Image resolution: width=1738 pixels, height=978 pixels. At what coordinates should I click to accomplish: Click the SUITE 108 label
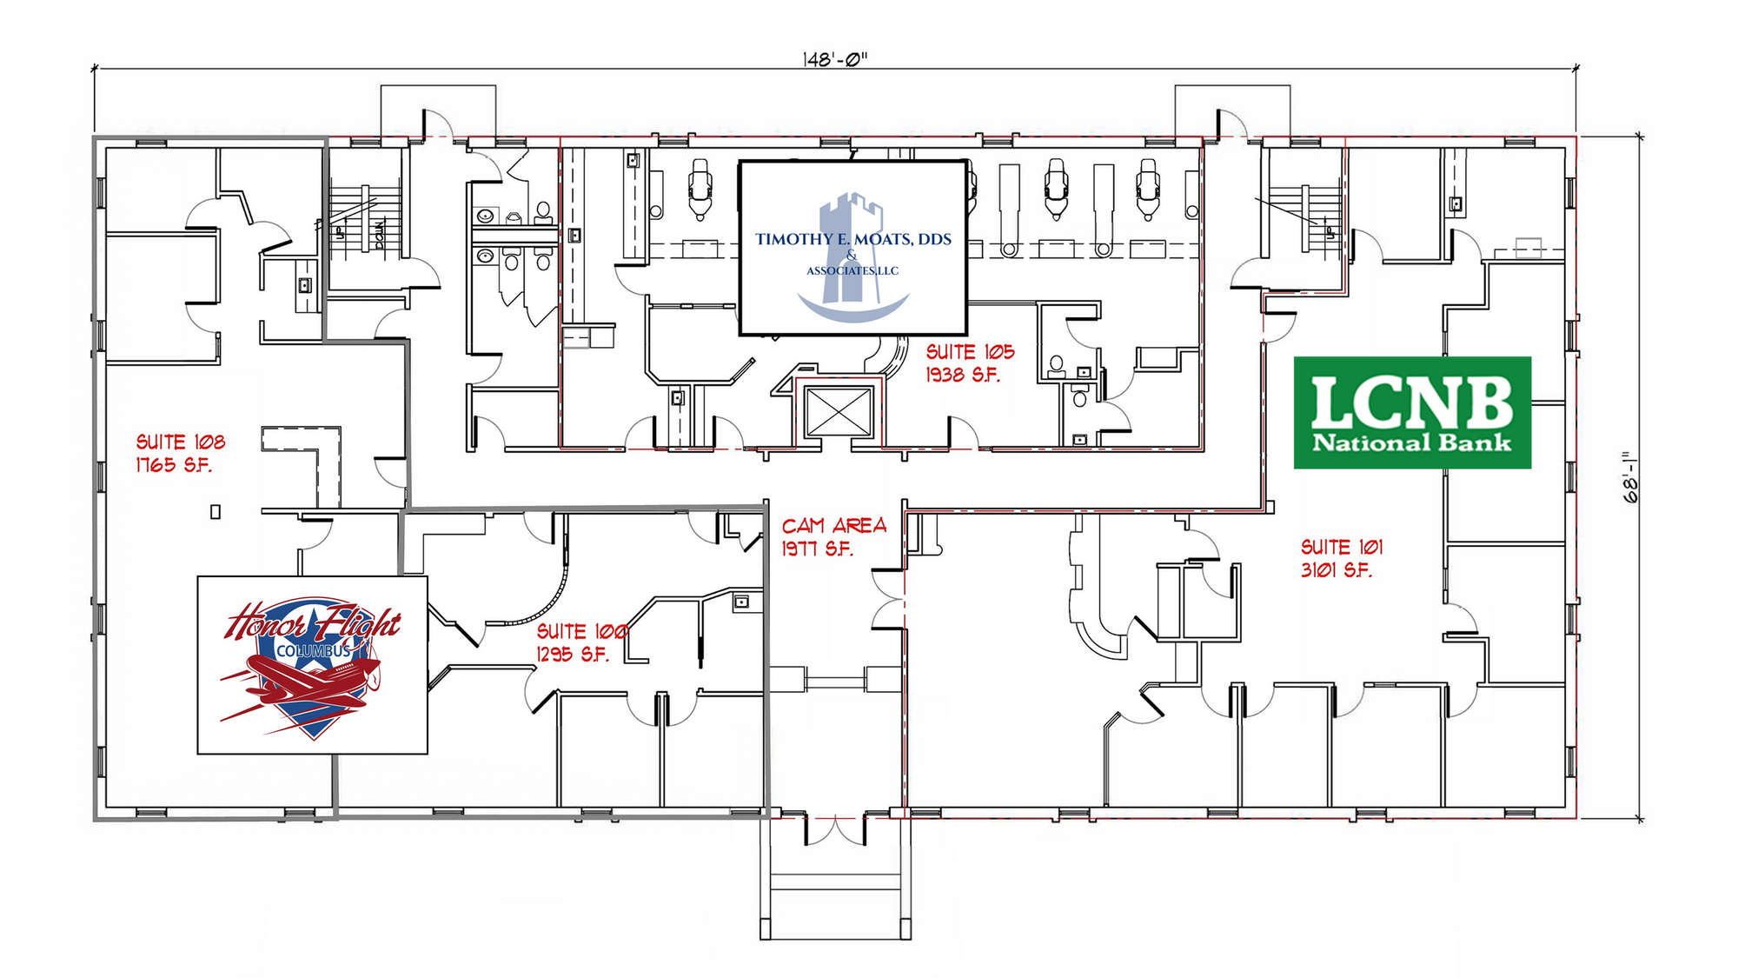point(181,442)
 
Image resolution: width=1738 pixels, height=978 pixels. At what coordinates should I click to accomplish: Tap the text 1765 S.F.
point(174,465)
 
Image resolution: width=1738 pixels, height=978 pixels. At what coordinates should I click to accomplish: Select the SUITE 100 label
point(582,631)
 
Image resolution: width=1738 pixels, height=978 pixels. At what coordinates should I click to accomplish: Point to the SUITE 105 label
point(970,351)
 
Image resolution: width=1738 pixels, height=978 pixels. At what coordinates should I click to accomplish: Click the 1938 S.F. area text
point(963,375)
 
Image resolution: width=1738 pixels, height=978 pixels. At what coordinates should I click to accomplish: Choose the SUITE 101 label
point(1342,547)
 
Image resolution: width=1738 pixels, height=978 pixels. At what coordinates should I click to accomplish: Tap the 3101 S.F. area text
point(1337,570)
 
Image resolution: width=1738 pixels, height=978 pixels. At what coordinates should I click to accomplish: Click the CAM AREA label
point(834,525)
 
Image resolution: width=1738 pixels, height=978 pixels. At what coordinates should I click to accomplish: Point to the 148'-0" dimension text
point(835,59)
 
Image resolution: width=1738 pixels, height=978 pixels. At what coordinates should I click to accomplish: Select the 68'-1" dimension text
point(1630,476)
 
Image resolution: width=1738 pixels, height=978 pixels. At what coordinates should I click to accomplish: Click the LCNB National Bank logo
point(1412,412)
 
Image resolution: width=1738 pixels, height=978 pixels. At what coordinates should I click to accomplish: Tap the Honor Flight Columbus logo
point(313,665)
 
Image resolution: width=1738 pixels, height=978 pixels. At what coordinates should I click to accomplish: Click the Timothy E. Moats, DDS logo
point(853,248)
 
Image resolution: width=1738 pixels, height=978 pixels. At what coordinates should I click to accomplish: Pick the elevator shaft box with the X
point(839,412)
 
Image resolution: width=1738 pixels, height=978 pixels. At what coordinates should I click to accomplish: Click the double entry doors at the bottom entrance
point(834,830)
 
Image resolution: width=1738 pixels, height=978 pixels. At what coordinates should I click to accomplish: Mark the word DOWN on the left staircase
point(380,235)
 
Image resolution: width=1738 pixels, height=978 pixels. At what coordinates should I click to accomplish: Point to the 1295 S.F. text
point(574,655)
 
